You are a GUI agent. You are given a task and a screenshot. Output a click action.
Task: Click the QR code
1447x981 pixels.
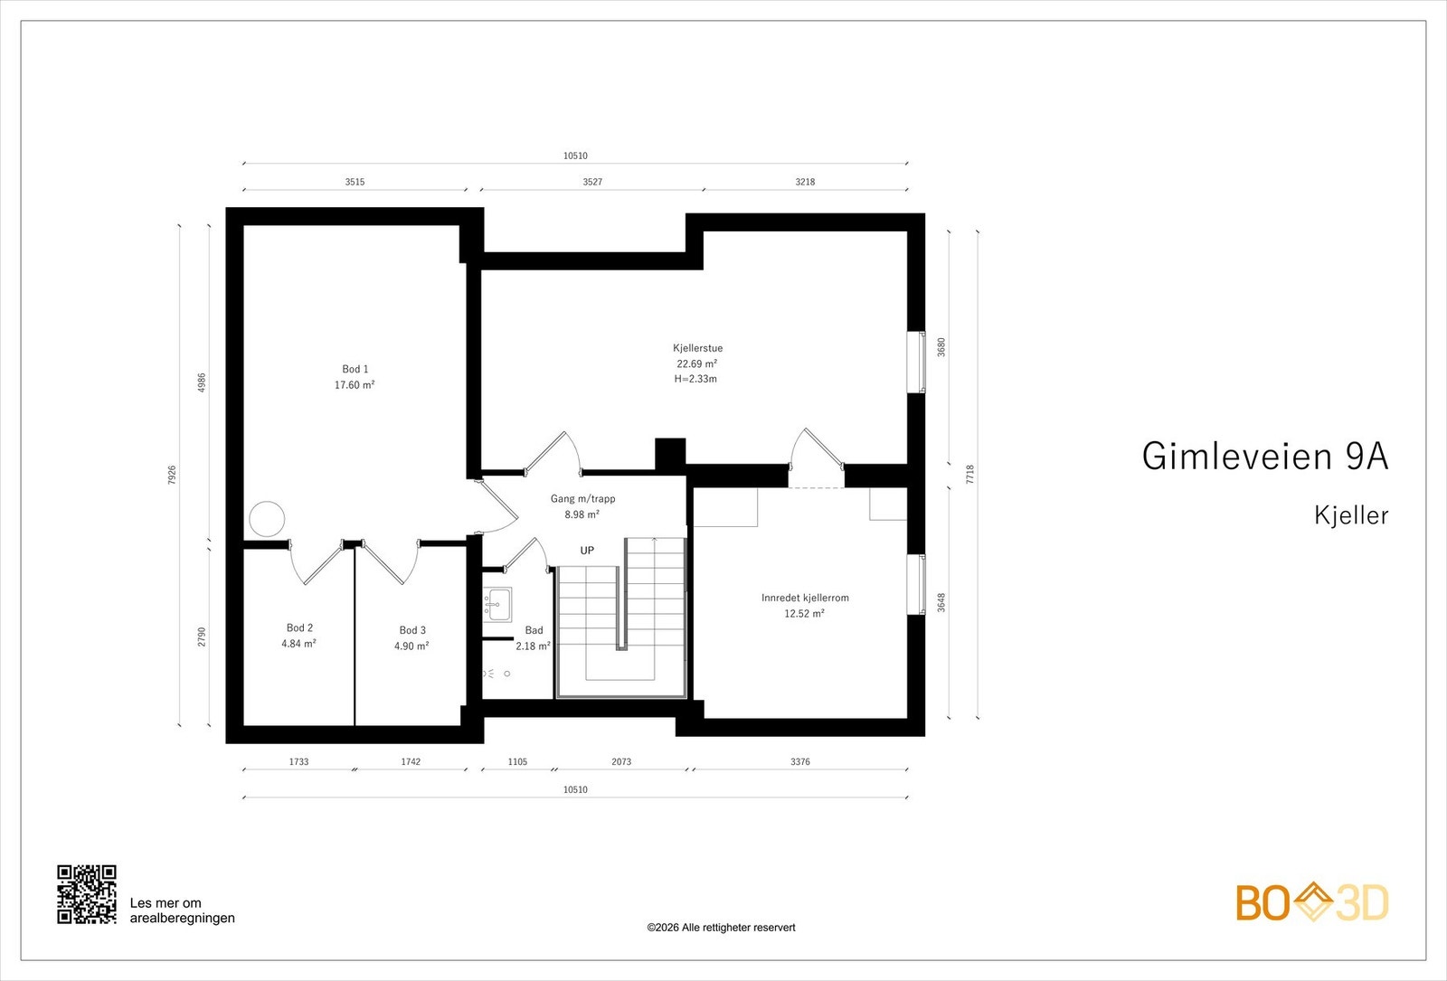tap(87, 894)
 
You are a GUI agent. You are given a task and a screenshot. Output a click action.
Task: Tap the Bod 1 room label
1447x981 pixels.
tap(355, 369)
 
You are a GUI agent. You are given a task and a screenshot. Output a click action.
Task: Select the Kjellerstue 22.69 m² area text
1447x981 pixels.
tap(696, 363)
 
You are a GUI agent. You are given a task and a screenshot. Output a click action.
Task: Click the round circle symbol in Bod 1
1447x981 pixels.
tap(267, 519)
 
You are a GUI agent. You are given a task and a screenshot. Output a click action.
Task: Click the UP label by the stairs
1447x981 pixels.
tap(587, 551)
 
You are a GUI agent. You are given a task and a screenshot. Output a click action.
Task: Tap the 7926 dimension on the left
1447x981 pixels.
tap(172, 475)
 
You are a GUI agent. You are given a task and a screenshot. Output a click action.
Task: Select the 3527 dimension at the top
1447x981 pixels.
tap(592, 182)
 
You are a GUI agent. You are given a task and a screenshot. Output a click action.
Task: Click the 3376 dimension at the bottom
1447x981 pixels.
tap(800, 761)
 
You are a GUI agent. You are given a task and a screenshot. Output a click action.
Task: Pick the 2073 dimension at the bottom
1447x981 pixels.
tap(621, 761)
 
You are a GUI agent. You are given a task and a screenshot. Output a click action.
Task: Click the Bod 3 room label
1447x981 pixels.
tap(412, 630)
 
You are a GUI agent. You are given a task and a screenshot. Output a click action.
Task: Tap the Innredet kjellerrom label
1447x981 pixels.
tap(805, 598)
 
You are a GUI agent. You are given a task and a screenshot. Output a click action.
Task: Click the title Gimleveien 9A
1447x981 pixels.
tap(1264, 457)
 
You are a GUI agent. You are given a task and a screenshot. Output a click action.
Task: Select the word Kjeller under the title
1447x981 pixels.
tap(1351, 515)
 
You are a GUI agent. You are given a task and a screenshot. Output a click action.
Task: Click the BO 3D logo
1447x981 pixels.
tap(1311, 902)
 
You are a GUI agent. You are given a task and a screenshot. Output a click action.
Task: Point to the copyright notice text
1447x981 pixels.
tap(721, 927)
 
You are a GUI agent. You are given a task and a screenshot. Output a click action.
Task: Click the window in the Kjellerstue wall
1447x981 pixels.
tap(917, 362)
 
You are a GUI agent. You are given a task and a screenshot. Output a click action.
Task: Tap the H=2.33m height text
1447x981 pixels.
tap(695, 379)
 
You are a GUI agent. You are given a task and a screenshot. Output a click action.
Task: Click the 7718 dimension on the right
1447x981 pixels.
tap(970, 475)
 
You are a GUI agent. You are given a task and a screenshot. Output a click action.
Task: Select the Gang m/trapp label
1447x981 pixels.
tap(582, 498)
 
